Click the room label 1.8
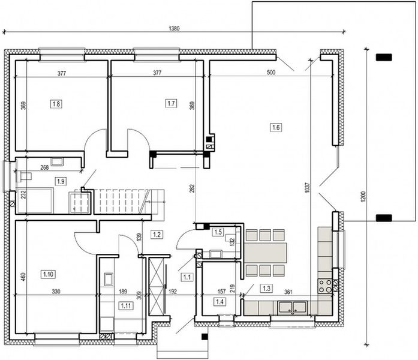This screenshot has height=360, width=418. coord(56,104)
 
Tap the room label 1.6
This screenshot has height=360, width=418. coord(276,127)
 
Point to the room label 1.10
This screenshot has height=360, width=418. coord(48,274)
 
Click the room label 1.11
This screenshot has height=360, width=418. coord(127,307)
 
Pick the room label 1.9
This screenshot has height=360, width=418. coord(61,181)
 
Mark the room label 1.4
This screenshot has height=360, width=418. coord(219,302)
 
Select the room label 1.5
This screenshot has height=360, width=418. coord(218,232)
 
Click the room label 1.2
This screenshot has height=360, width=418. coord(158,235)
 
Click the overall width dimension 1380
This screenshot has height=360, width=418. coord(173,28)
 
